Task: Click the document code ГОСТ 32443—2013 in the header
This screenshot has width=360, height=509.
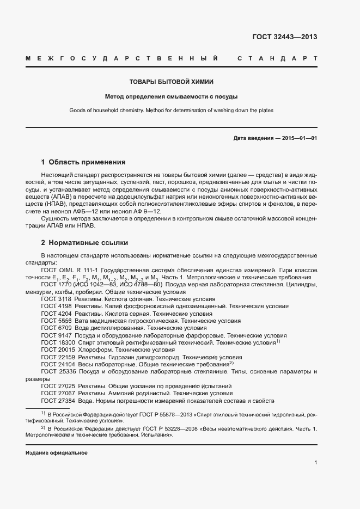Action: pos(284,38)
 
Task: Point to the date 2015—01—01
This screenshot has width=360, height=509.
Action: pos(299,138)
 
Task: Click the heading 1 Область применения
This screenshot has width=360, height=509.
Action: pos(83,162)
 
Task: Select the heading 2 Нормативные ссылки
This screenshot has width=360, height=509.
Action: pos(84,243)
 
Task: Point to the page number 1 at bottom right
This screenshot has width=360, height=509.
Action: pos(315,463)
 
